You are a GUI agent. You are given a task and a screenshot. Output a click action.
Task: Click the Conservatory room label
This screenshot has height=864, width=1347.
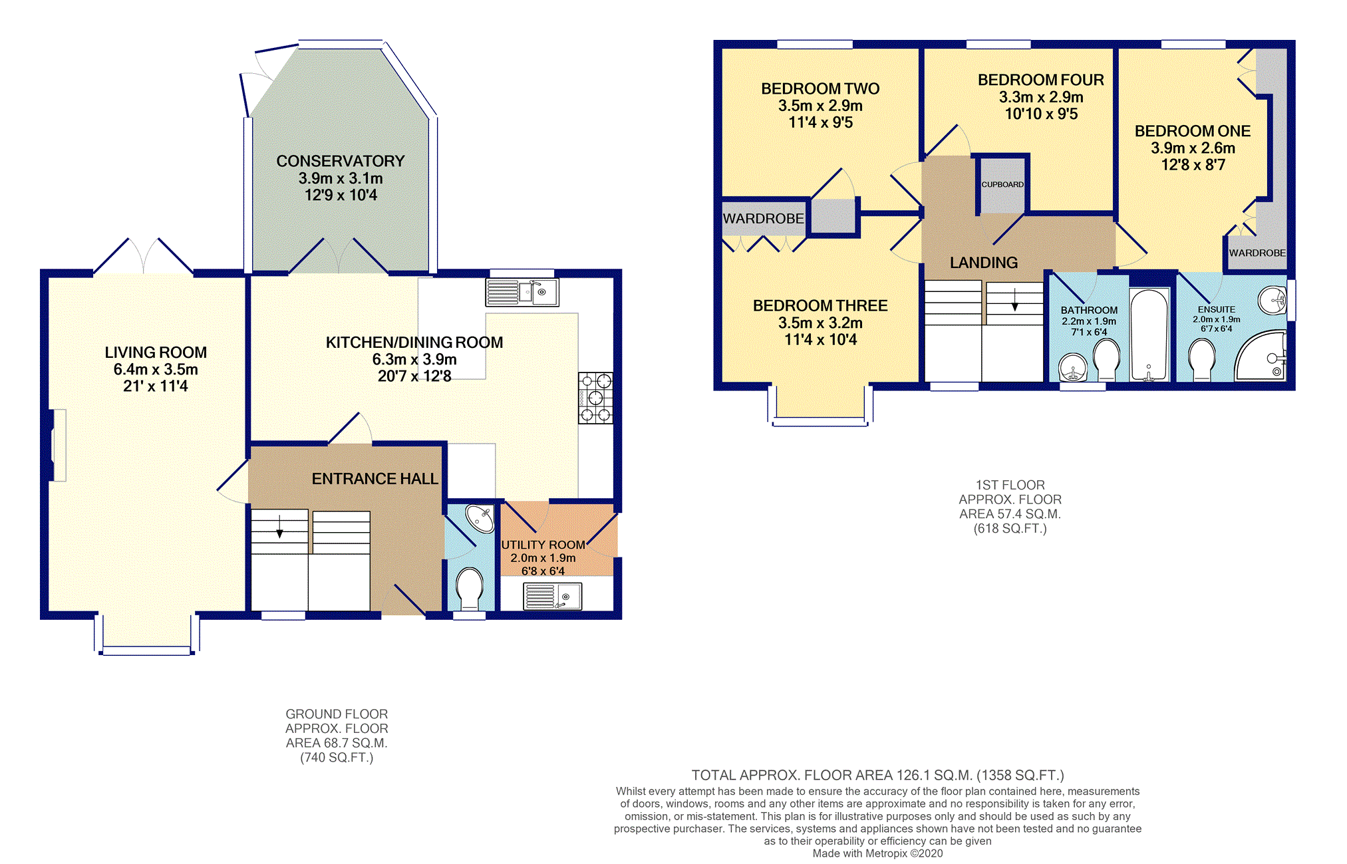pos(341,162)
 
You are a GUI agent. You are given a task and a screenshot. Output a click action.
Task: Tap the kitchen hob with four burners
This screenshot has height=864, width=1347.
pos(595,398)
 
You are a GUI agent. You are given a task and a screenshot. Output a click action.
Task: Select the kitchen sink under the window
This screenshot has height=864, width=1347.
pos(522,292)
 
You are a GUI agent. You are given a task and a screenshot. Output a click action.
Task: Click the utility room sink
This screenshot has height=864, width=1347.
pos(553,596)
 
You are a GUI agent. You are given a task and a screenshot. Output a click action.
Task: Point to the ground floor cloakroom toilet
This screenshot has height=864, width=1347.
pos(470,587)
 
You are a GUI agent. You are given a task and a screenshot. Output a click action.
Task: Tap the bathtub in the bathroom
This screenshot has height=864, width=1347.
pos(1149,335)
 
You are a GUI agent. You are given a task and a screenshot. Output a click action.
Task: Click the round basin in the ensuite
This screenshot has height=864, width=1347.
pos(1272,300)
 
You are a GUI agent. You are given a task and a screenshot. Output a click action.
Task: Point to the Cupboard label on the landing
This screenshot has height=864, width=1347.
pos(1002,184)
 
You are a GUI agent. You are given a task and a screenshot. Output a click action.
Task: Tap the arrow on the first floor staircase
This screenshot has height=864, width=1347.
pos(1015,300)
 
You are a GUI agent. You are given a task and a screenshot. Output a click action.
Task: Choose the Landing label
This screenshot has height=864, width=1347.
pos(984,263)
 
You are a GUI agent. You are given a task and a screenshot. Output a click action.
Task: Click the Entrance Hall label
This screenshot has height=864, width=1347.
pos(375,479)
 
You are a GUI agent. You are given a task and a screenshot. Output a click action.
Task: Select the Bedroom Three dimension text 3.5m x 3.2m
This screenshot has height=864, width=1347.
pos(820,323)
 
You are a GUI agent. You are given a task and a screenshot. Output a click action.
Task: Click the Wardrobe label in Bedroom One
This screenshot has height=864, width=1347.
pos(1257,253)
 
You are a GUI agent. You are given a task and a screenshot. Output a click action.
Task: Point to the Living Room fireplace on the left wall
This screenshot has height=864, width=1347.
pos(59,445)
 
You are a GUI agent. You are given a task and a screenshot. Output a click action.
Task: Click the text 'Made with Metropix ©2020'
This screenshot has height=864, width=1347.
pos(877,853)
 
